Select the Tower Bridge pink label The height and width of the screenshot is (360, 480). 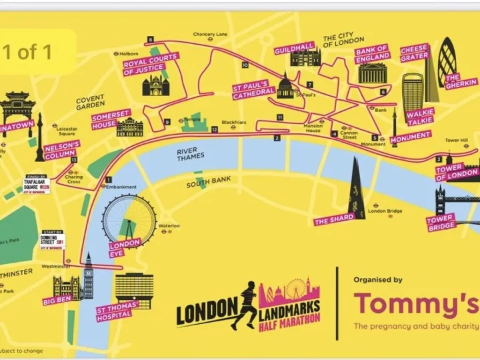(x=441, y=222)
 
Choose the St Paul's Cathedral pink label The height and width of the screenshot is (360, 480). (x=250, y=91)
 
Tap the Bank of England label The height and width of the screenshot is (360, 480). (x=371, y=54)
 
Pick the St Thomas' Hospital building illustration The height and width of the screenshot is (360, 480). (x=134, y=288)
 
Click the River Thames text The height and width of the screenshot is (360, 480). (x=192, y=155)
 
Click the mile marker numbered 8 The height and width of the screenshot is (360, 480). (x=151, y=40)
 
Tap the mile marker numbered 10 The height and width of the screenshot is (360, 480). (x=245, y=65)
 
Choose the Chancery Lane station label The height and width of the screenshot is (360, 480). (x=210, y=34)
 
